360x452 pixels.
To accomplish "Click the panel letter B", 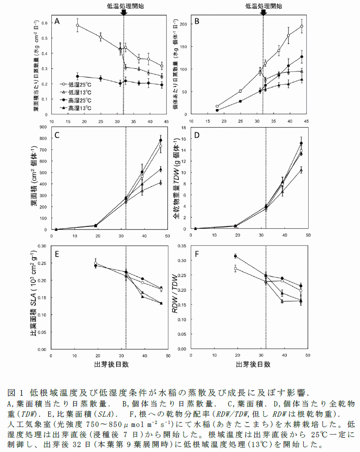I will [195, 21].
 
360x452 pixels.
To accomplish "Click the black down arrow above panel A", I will [124, 13].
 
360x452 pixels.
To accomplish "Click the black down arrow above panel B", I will [263, 13].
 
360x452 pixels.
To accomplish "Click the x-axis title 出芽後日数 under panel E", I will [112, 364].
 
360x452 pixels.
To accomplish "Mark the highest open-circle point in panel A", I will [78, 25].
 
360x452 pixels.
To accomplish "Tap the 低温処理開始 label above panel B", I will [264, 5].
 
